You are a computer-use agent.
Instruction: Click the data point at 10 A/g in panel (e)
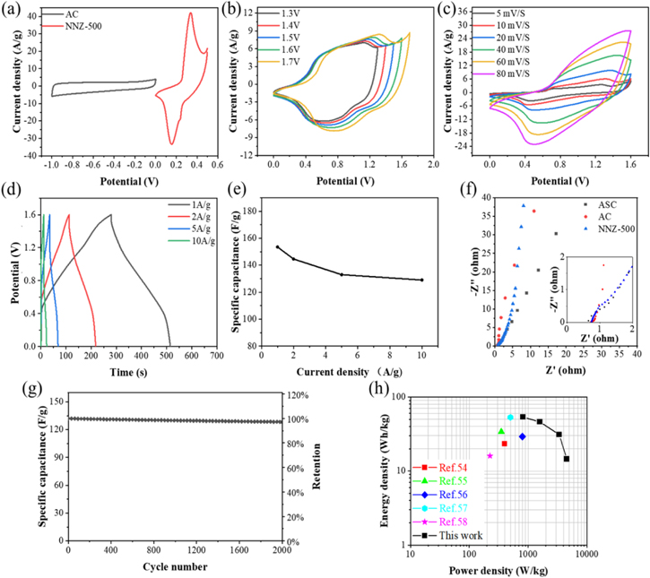pyautogui.click(x=421, y=280)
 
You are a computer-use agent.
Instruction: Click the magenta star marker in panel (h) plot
pyautogui.click(x=490, y=455)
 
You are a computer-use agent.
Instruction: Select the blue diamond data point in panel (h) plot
pyautogui.click(x=522, y=436)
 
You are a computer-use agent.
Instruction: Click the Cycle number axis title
pyautogui.click(x=176, y=566)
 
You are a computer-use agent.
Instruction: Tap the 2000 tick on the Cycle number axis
pyautogui.click(x=282, y=551)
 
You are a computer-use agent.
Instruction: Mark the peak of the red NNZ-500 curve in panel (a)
pyautogui.click(x=190, y=13)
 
